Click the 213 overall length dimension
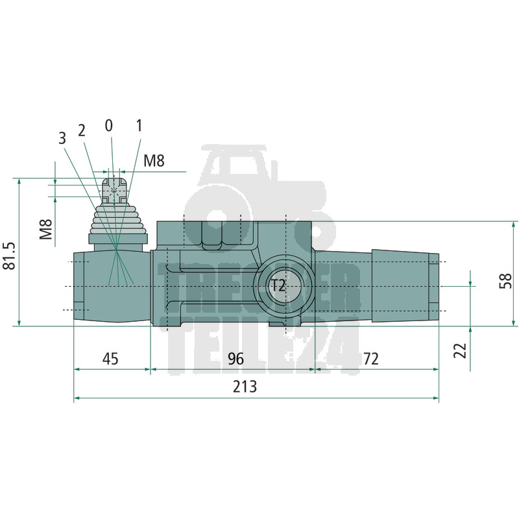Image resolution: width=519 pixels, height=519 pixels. [245, 386]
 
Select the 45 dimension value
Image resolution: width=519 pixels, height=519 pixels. [110, 359]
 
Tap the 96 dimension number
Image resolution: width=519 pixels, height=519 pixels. [235, 359]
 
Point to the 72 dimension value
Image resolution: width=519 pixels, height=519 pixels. [370, 359]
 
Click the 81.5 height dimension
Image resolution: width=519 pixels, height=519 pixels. [9, 256]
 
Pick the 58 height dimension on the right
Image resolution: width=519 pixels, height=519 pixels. [505, 281]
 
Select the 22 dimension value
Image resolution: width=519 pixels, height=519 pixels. [460, 350]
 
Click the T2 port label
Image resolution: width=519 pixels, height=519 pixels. [278, 285]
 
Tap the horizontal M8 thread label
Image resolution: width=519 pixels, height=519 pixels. [154, 161]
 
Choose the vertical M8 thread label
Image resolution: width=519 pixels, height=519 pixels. [46, 229]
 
